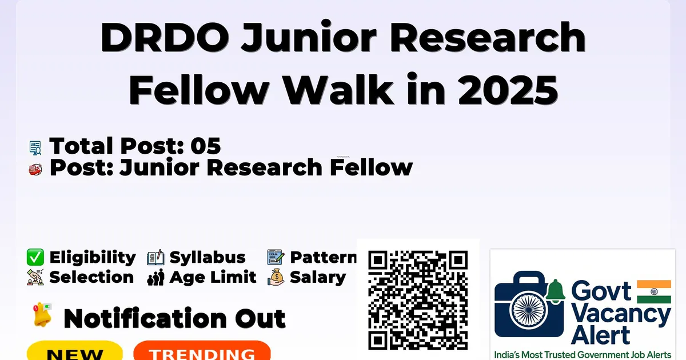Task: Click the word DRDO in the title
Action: click(165, 37)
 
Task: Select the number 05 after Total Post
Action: click(205, 146)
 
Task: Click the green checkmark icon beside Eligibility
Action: click(35, 257)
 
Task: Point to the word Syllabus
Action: click(208, 258)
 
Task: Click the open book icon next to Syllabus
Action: click(155, 258)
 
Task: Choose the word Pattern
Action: click(324, 258)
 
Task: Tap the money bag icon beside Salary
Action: click(276, 277)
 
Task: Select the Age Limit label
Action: click(213, 278)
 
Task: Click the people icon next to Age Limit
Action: click(155, 277)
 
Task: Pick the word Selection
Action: click(91, 277)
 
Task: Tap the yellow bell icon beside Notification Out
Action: click(42, 315)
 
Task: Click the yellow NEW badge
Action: click(75, 350)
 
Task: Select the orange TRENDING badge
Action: click(202, 350)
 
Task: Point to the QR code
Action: click(418, 300)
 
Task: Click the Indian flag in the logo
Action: click(654, 291)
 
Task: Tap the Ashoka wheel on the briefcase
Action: click(529, 310)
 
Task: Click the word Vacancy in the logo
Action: click(621, 315)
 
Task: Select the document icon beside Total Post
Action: click(35, 148)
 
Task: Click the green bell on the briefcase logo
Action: click(556, 291)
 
